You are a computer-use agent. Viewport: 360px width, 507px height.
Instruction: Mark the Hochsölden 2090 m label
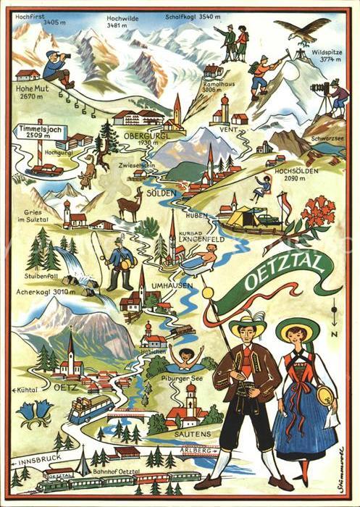tap(296, 175)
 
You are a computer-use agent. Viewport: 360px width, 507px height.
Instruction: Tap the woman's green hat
tap(297, 329)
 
